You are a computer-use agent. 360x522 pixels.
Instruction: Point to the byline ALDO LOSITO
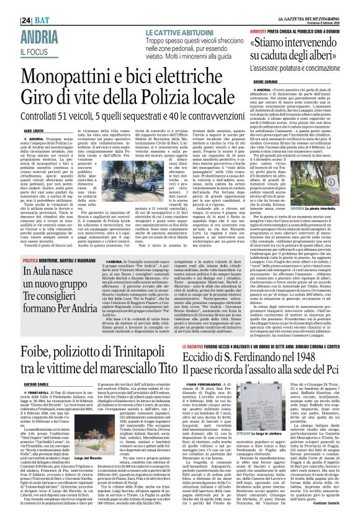tap(16, 132)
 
